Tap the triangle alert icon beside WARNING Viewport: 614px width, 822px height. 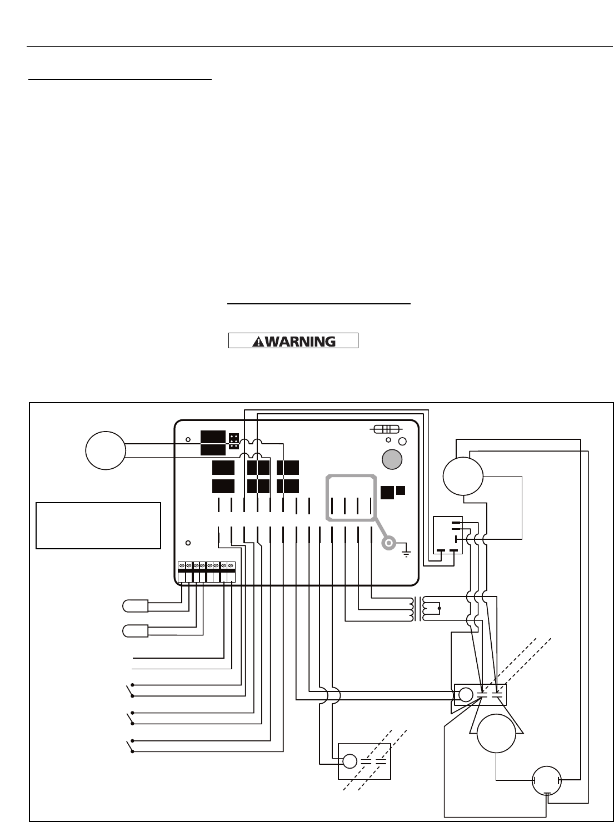point(258,341)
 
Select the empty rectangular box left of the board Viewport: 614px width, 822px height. point(98,525)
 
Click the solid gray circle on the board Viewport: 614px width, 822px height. point(393,459)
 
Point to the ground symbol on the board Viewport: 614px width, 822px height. point(406,552)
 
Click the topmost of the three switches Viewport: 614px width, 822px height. point(131,689)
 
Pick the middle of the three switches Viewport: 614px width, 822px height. point(131,718)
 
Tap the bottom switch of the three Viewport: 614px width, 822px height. point(131,746)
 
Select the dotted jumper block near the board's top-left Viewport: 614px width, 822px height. point(234,442)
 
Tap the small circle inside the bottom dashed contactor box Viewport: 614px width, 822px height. point(350,761)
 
